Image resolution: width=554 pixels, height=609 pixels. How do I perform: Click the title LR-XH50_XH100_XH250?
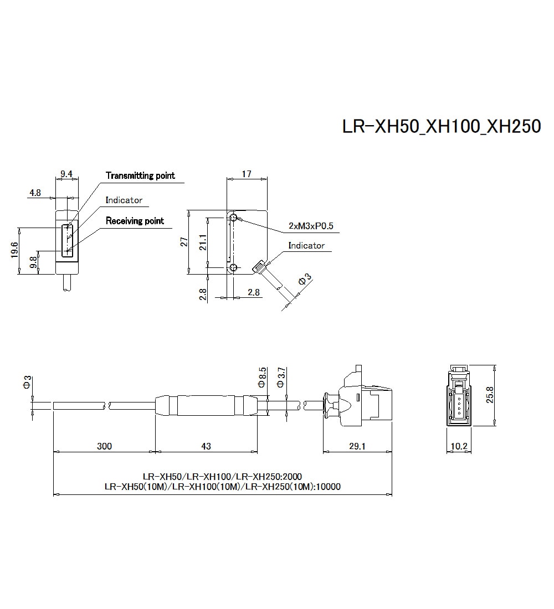pyautogui.click(x=441, y=126)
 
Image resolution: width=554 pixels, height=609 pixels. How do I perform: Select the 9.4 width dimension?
pyautogui.click(x=66, y=174)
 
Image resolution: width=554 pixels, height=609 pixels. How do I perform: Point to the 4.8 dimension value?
pyautogui.click(x=35, y=193)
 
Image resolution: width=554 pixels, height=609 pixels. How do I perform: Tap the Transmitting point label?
pyautogui.click(x=140, y=176)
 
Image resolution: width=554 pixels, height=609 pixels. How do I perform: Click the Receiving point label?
pyautogui.click(x=135, y=221)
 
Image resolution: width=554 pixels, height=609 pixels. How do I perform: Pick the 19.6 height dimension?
pyautogui.click(x=15, y=250)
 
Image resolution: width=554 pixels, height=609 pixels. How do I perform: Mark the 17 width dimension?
pyautogui.click(x=247, y=174)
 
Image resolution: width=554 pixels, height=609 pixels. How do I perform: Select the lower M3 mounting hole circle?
pyautogui.click(x=234, y=269)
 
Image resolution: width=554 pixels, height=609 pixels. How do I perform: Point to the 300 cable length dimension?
pyautogui.click(x=104, y=446)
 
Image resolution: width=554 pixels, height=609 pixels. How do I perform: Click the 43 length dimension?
pyautogui.click(x=206, y=446)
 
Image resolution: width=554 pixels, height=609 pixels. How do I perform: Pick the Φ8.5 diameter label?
pyautogui.click(x=263, y=377)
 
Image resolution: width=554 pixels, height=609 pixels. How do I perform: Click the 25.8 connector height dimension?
pyautogui.click(x=489, y=395)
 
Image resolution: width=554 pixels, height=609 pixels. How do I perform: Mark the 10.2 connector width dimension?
pyautogui.click(x=458, y=446)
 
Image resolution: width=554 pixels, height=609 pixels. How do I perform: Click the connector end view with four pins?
pyautogui.click(x=458, y=395)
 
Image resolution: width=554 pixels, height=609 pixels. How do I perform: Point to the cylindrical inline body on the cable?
pyautogui.click(x=206, y=406)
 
